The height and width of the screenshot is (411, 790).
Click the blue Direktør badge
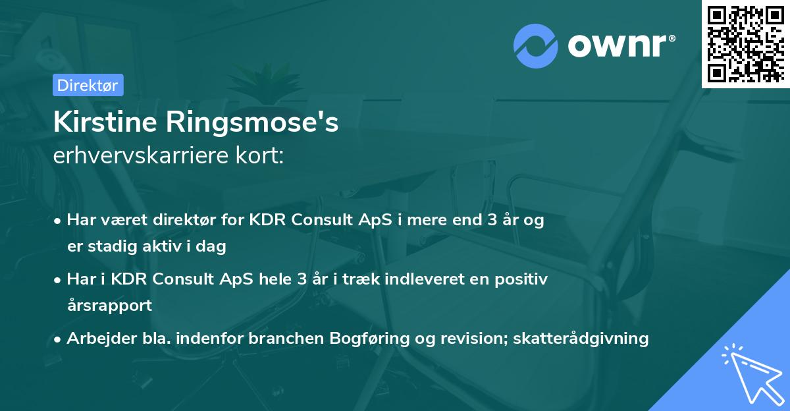click(88, 85)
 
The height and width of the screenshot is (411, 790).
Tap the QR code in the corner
click(745, 43)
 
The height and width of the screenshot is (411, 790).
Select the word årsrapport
click(109, 306)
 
